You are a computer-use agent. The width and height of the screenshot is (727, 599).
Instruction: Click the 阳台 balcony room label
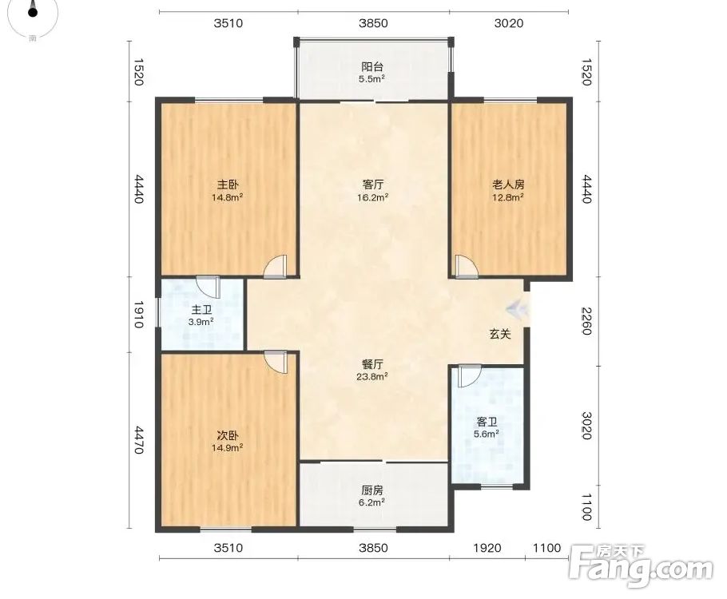pyautogui.click(x=372, y=67)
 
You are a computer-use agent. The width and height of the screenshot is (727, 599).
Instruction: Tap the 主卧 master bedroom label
pyautogui.click(x=228, y=184)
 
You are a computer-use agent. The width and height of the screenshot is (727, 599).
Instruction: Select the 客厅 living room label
pyautogui.click(x=373, y=184)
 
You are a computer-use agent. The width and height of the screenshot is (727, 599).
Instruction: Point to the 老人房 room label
pyautogui.click(x=508, y=184)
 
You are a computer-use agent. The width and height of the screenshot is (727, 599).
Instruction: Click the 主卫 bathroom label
pyautogui.click(x=201, y=310)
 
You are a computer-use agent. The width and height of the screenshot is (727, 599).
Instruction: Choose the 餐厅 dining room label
pyautogui.click(x=372, y=364)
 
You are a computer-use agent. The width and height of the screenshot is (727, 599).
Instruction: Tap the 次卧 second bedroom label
pyautogui.click(x=228, y=436)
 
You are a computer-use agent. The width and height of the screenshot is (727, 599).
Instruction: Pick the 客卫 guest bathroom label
pyautogui.click(x=487, y=422)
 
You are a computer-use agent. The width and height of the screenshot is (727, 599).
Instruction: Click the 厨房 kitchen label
pyautogui.click(x=372, y=490)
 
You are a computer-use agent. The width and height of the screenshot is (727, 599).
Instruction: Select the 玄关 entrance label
pyautogui.click(x=500, y=334)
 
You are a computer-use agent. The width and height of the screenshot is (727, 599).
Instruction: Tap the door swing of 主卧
pyautogui.click(x=276, y=267)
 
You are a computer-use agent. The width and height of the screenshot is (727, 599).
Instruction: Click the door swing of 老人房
pyautogui.click(x=466, y=267)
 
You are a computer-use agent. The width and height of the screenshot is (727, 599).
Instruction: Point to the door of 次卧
pyautogui.click(x=276, y=362)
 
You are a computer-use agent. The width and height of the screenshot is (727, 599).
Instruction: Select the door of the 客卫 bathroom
pyautogui.click(x=469, y=376)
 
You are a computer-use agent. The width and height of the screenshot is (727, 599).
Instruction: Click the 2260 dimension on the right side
pyautogui.click(x=586, y=321)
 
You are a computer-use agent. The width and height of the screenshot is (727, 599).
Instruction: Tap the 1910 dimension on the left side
pyautogui.click(x=139, y=315)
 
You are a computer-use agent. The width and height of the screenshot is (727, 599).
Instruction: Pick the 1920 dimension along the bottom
pyautogui.click(x=487, y=548)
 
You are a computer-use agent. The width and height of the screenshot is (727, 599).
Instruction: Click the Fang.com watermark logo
pyautogui.click(x=642, y=565)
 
